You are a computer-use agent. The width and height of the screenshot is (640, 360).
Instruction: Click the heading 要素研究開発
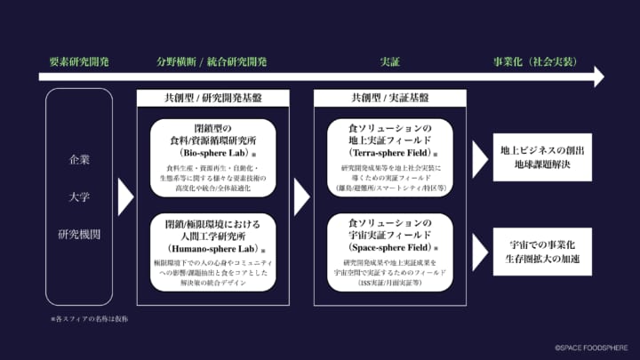click(x=79, y=62)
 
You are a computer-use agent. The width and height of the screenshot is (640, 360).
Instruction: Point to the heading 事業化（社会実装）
click(x=535, y=62)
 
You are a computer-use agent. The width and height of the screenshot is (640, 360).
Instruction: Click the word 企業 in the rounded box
click(x=79, y=160)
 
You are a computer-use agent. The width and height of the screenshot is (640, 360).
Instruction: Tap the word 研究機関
click(x=79, y=236)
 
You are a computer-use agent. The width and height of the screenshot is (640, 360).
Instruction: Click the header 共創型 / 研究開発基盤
click(x=213, y=98)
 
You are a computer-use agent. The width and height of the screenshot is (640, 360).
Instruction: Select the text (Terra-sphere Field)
click(x=388, y=153)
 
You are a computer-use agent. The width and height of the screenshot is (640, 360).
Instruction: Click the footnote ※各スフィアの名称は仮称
click(x=89, y=317)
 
